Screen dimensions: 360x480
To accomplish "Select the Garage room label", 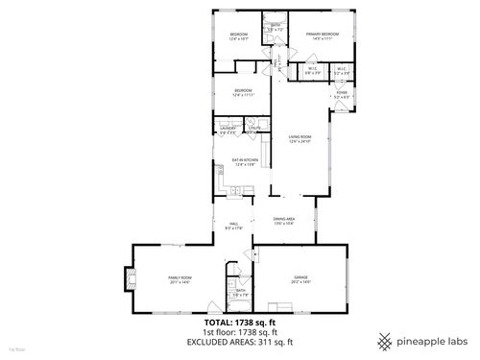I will (300, 280).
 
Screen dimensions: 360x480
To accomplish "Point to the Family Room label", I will (180, 278).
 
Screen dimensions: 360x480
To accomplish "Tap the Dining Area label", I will (283, 221).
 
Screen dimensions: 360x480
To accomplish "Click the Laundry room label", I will (228, 129).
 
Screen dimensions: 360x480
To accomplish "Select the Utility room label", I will (254, 128).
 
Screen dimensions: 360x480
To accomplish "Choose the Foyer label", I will (342, 94).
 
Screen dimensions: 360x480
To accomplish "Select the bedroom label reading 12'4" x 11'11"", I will (244, 94).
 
